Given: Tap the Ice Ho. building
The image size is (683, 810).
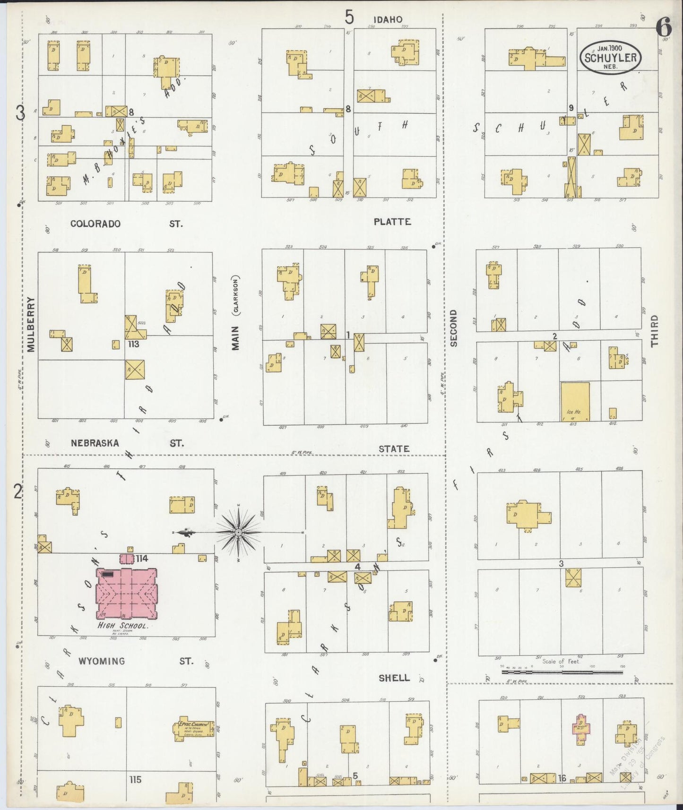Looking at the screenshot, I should pyautogui.click(x=575, y=401).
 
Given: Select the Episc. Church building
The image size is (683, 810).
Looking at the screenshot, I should pyautogui.click(x=194, y=730).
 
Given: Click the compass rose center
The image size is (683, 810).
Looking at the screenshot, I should pyautogui.click(x=239, y=533).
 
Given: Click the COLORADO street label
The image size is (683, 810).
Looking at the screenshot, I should pyautogui.click(x=95, y=224).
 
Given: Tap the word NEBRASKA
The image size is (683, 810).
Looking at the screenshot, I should pyautogui.click(x=95, y=443).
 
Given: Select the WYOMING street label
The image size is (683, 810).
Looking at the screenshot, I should pyautogui.click(x=102, y=661).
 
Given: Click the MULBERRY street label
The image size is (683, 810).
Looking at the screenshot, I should pyautogui.click(x=31, y=324).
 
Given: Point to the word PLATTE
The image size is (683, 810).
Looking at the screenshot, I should pyautogui.click(x=392, y=222).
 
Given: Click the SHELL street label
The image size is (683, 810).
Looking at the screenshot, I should pyautogui.click(x=394, y=678).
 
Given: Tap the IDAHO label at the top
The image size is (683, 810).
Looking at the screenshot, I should pyautogui.click(x=388, y=19).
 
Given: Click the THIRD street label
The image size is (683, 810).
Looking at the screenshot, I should pyautogui.click(x=654, y=331).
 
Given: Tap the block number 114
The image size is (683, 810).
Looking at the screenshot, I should pyautogui.click(x=142, y=559).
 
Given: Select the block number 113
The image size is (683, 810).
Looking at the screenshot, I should pyautogui.click(x=134, y=344).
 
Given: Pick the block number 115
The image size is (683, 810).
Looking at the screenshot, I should pyautogui.click(x=135, y=779).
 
